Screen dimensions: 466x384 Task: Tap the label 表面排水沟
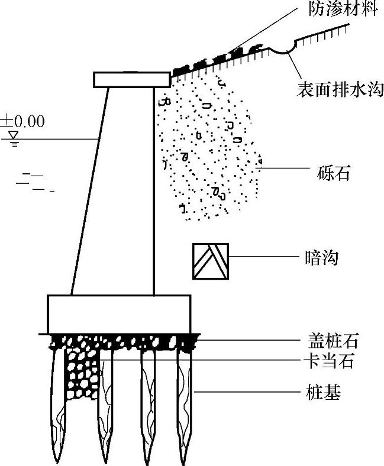tap(341, 90)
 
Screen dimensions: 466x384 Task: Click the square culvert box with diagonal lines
tap(211, 260)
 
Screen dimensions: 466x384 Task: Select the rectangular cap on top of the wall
tap(131, 79)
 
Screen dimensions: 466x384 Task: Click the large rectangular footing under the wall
tap(119, 314)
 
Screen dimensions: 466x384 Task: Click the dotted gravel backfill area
tap(207, 148)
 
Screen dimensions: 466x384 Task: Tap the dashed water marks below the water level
tap(33, 182)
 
